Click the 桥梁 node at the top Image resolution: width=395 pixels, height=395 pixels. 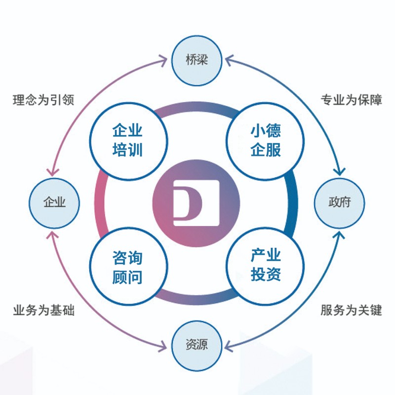coord(197,61)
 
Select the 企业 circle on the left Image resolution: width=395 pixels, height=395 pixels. coord(54,202)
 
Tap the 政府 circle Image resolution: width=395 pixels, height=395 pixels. coord(339,202)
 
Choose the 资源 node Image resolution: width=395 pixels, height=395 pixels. coord(197,345)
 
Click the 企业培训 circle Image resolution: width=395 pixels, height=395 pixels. coord(127,140)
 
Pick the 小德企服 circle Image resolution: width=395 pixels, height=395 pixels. coord(266,140)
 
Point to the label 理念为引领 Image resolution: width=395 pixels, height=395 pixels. coord(43,100)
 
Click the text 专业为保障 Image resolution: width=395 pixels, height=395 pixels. coord(351,100)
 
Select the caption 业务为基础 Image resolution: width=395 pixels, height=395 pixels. coord(43,311)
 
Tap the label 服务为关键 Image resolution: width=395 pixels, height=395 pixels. coord(351,311)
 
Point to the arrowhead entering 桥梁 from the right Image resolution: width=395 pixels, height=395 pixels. coord(229,61)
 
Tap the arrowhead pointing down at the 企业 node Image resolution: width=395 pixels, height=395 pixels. coord(51,171)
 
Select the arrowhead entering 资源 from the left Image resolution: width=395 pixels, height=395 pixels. coord(164,344)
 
